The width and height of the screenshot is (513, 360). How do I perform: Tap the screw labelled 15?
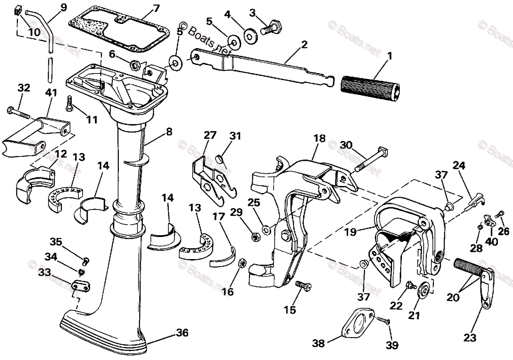pos(303,285)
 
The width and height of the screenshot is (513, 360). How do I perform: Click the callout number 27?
pos(209,136)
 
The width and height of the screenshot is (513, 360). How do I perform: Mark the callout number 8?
pos(169,132)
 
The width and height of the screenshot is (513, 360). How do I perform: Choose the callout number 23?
pos(470,338)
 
